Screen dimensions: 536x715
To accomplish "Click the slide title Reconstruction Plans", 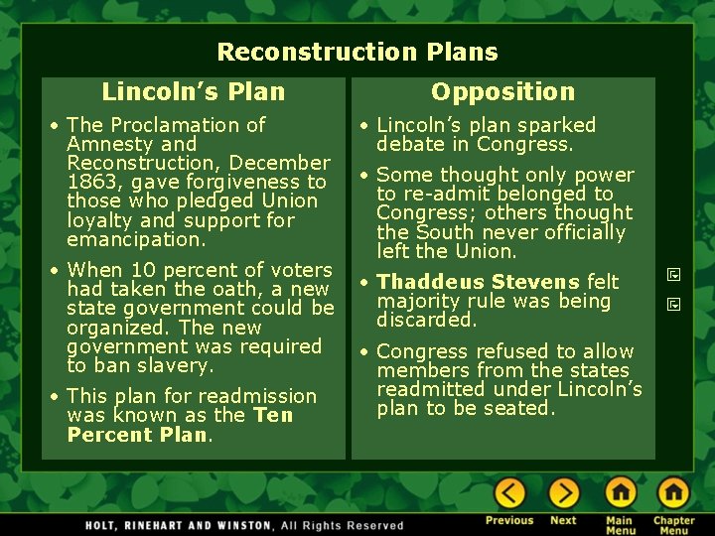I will [357, 52].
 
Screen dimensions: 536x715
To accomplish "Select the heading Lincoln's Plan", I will [193, 92].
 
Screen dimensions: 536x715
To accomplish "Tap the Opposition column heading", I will [502, 92].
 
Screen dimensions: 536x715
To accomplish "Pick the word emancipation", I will [135, 239].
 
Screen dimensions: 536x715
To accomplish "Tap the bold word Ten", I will [273, 415].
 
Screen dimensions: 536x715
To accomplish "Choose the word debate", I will [410, 144].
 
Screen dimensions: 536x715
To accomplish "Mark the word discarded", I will [427, 320].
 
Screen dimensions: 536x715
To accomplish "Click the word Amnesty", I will [104, 144].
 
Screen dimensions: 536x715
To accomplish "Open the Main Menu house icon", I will [621, 493].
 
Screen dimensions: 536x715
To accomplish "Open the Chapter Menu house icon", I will [673, 493].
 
